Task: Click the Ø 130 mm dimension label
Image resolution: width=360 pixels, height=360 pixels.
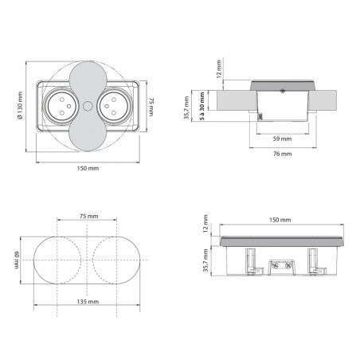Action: (20, 105)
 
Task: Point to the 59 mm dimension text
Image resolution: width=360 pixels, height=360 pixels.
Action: (282, 139)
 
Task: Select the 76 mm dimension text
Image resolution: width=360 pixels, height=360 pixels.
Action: (283, 154)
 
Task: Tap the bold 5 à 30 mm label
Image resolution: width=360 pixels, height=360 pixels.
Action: (202, 106)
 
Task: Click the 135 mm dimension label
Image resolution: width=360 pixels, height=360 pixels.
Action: (88, 302)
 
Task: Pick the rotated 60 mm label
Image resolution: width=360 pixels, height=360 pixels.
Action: (17, 260)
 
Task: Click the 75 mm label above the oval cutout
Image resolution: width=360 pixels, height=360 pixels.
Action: (89, 216)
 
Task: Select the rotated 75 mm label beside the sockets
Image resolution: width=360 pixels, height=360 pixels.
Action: (151, 107)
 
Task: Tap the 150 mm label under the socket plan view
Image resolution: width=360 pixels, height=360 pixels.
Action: (88, 168)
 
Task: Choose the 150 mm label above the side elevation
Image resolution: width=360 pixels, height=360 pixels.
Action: (280, 220)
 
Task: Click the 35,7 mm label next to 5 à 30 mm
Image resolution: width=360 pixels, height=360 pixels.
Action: (186, 108)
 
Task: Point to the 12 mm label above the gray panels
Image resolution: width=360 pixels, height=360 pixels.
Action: (219, 69)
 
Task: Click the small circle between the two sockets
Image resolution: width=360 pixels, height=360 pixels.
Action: (88, 107)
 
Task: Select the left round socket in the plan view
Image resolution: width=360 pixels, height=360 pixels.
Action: (61, 107)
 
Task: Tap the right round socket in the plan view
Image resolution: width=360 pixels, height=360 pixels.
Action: (114, 107)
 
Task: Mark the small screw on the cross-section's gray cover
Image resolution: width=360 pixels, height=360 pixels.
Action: (283, 92)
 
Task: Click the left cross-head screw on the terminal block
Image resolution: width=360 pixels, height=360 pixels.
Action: (276, 265)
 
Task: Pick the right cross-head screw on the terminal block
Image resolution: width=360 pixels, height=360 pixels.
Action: (288, 265)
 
